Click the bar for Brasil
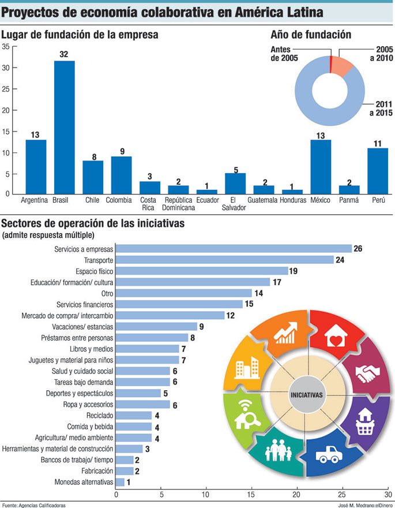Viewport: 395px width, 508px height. pos(64,127)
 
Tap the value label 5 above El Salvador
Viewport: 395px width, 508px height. pos(235,169)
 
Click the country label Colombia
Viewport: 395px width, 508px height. pos(121,200)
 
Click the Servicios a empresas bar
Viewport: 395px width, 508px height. pos(234,249)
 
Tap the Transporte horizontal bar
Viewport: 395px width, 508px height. pos(225,260)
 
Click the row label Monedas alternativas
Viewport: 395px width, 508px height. pos(83,481)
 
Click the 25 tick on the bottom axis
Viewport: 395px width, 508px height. pos(342,495)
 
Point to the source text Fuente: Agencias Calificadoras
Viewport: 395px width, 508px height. pos(34,505)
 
